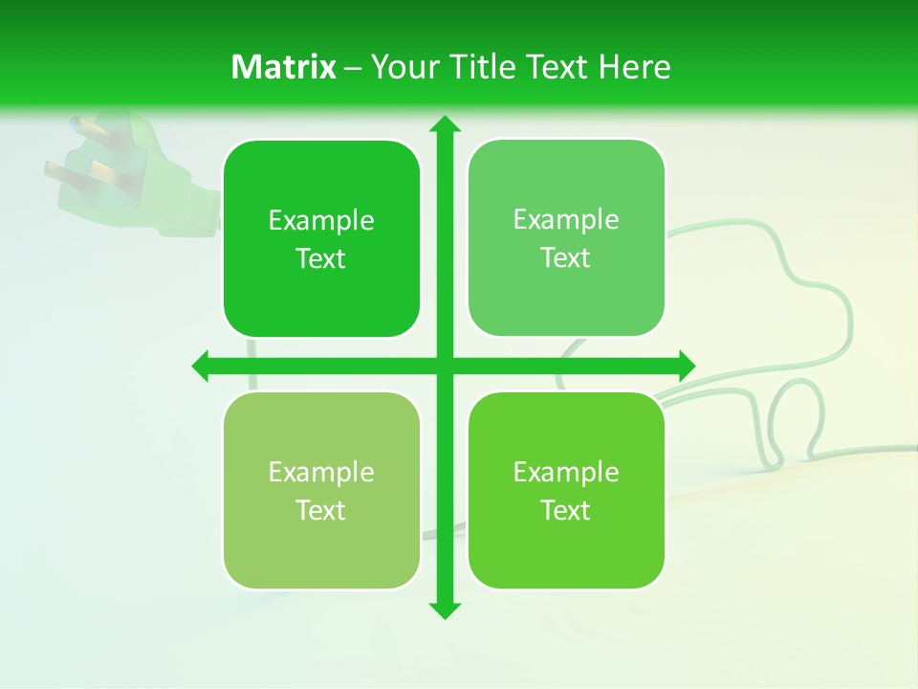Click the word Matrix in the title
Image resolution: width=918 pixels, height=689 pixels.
tap(284, 67)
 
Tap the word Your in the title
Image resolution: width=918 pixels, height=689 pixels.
tap(404, 67)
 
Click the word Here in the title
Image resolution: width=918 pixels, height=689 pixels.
tap(634, 67)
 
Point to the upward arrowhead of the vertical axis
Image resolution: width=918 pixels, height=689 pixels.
tap(444, 125)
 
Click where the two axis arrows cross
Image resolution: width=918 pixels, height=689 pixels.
tap(444, 366)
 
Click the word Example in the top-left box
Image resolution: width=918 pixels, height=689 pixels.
tap(321, 220)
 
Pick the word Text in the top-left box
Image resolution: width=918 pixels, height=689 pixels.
tap(321, 258)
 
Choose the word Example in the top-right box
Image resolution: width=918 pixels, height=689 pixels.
tap(566, 219)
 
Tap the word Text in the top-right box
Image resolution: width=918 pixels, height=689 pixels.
tap(566, 257)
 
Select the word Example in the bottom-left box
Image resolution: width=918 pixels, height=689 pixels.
tap(321, 472)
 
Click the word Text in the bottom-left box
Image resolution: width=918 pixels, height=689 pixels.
tap(321, 510)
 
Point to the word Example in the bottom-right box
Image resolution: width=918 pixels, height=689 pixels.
tap(566, 472)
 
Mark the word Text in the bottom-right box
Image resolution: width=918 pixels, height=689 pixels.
tap(566, 510)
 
